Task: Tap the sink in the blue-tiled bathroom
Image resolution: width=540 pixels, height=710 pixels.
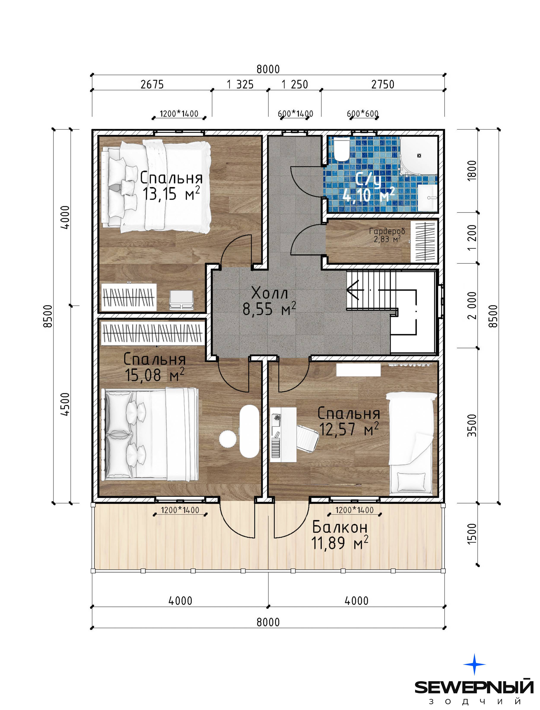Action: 427,197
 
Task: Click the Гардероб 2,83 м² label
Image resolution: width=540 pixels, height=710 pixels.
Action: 387,235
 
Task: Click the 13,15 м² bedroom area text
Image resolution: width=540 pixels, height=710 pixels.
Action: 171,193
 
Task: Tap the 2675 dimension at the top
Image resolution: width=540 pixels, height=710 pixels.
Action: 152,84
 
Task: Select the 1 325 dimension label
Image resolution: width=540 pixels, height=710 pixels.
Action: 240,84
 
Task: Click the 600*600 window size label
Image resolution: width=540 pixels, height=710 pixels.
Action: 363,113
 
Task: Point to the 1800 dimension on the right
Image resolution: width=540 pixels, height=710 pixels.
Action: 472,171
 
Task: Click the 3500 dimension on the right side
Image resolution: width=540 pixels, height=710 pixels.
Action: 472,425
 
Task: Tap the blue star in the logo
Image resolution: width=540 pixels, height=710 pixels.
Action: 474,664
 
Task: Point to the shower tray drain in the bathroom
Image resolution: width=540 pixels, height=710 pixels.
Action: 419,156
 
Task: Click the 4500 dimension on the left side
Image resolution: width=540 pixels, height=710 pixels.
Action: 65,404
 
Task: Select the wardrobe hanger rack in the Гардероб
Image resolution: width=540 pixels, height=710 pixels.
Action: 424,241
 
